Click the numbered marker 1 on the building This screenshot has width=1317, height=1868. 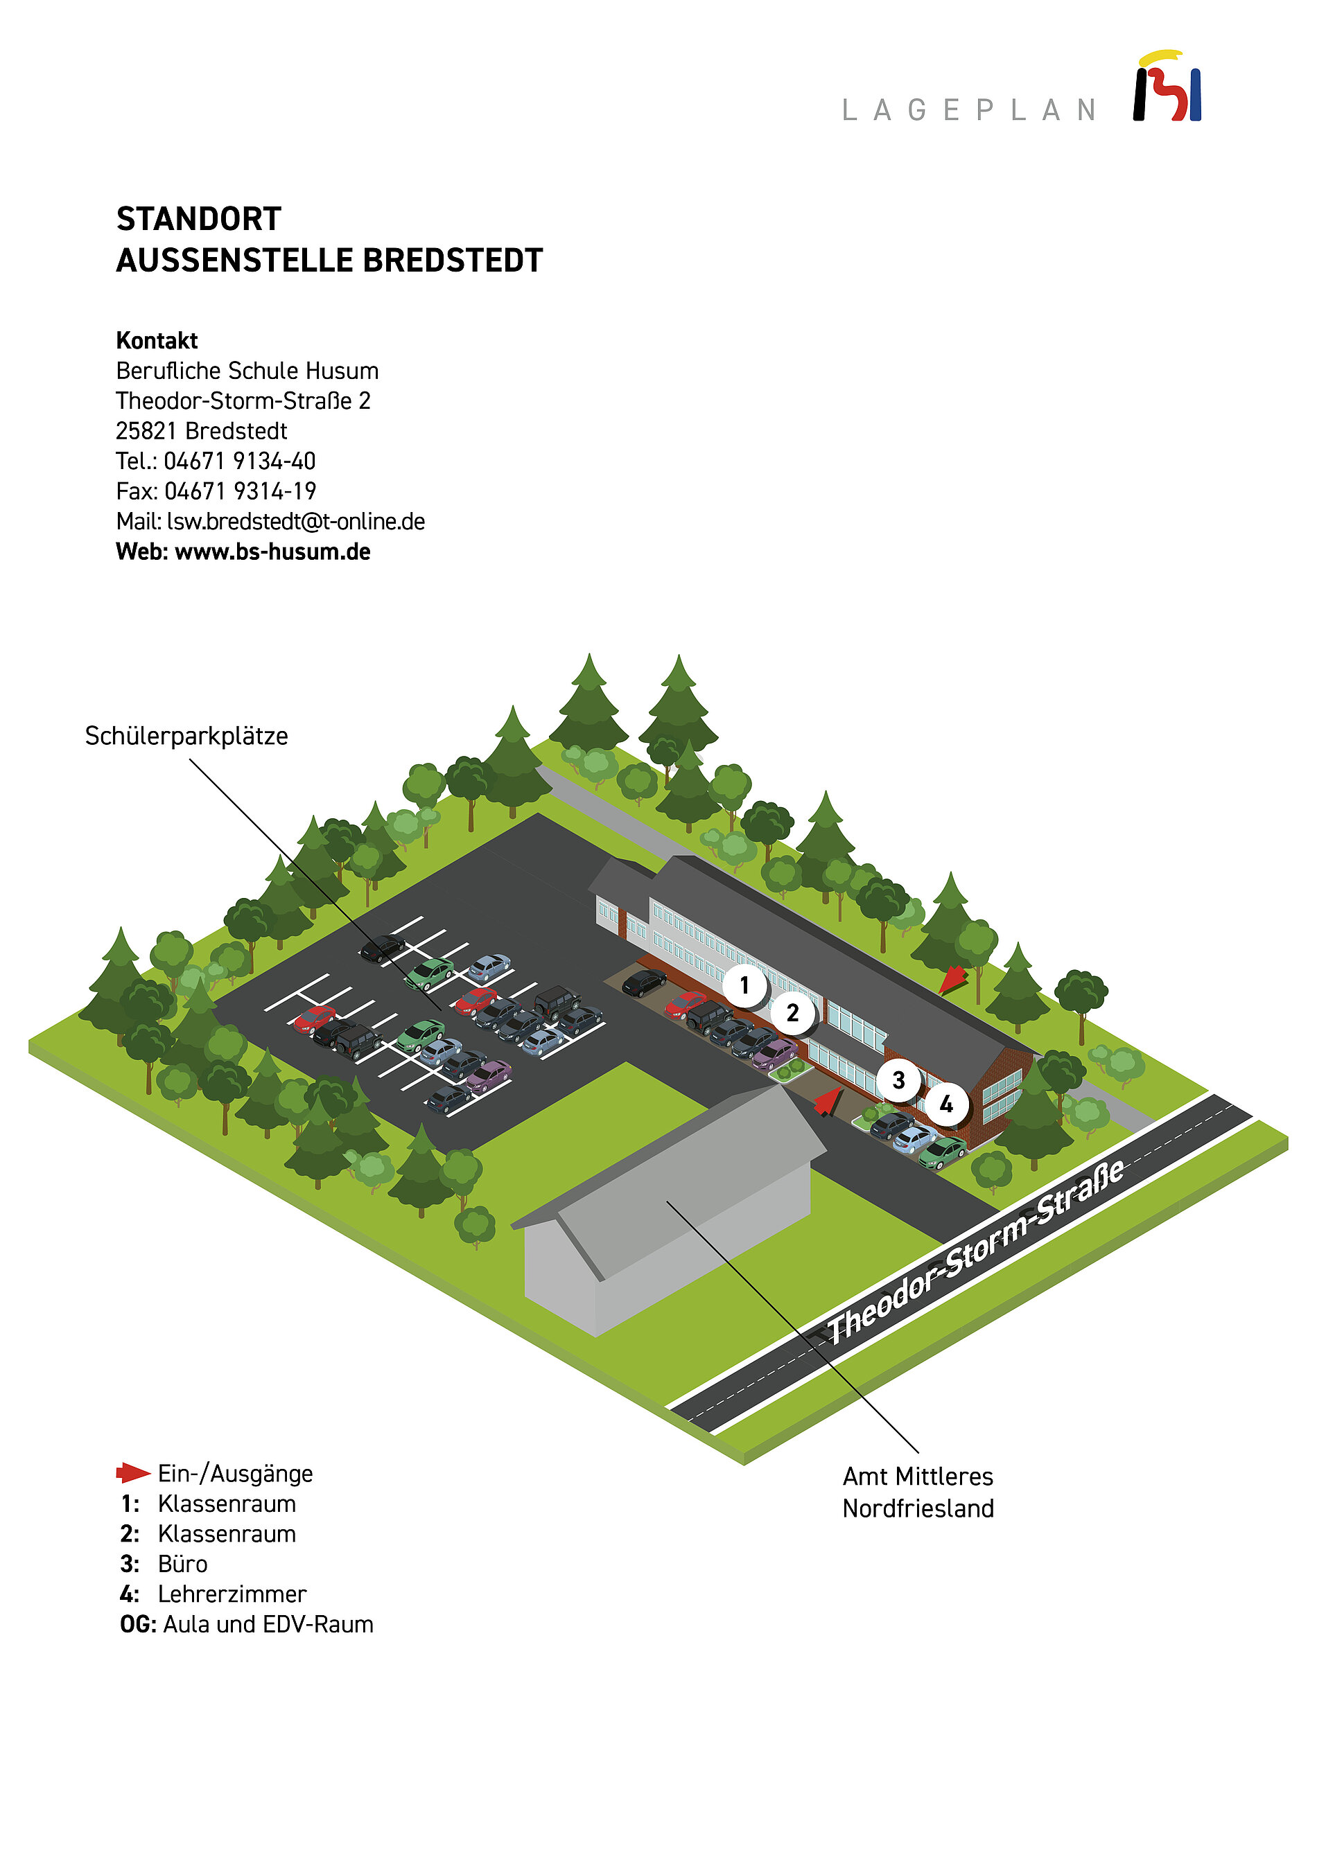click(x=744, y=985)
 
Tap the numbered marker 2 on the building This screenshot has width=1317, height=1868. click(x=792, y=1014)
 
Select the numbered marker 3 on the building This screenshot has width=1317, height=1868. click(x=898, y=1080)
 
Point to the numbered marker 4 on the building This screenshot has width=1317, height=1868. click(x=946, y=1104)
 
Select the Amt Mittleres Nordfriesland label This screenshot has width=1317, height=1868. click(x=918, y=1492)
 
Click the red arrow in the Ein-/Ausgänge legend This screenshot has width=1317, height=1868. click(x=132, y=1472)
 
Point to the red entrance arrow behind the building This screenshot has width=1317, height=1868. click(x=952, y=979)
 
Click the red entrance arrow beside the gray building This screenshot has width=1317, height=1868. click(x=828, y=1102)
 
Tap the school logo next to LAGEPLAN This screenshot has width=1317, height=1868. click(x=1167, y=87)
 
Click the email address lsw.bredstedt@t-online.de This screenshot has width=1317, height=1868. click(x=295, y=522)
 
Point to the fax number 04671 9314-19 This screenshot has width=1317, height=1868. click(x=240, y=491)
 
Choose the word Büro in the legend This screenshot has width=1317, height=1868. click(x=182, y=1564)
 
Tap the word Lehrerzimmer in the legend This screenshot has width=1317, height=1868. click(x=232, y=1594)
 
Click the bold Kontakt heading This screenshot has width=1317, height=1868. click(x=157, y=340)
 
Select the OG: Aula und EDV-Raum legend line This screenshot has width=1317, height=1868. click(x=247, y=1624)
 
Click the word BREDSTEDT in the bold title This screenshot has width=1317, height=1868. click(x=453, y=261)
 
